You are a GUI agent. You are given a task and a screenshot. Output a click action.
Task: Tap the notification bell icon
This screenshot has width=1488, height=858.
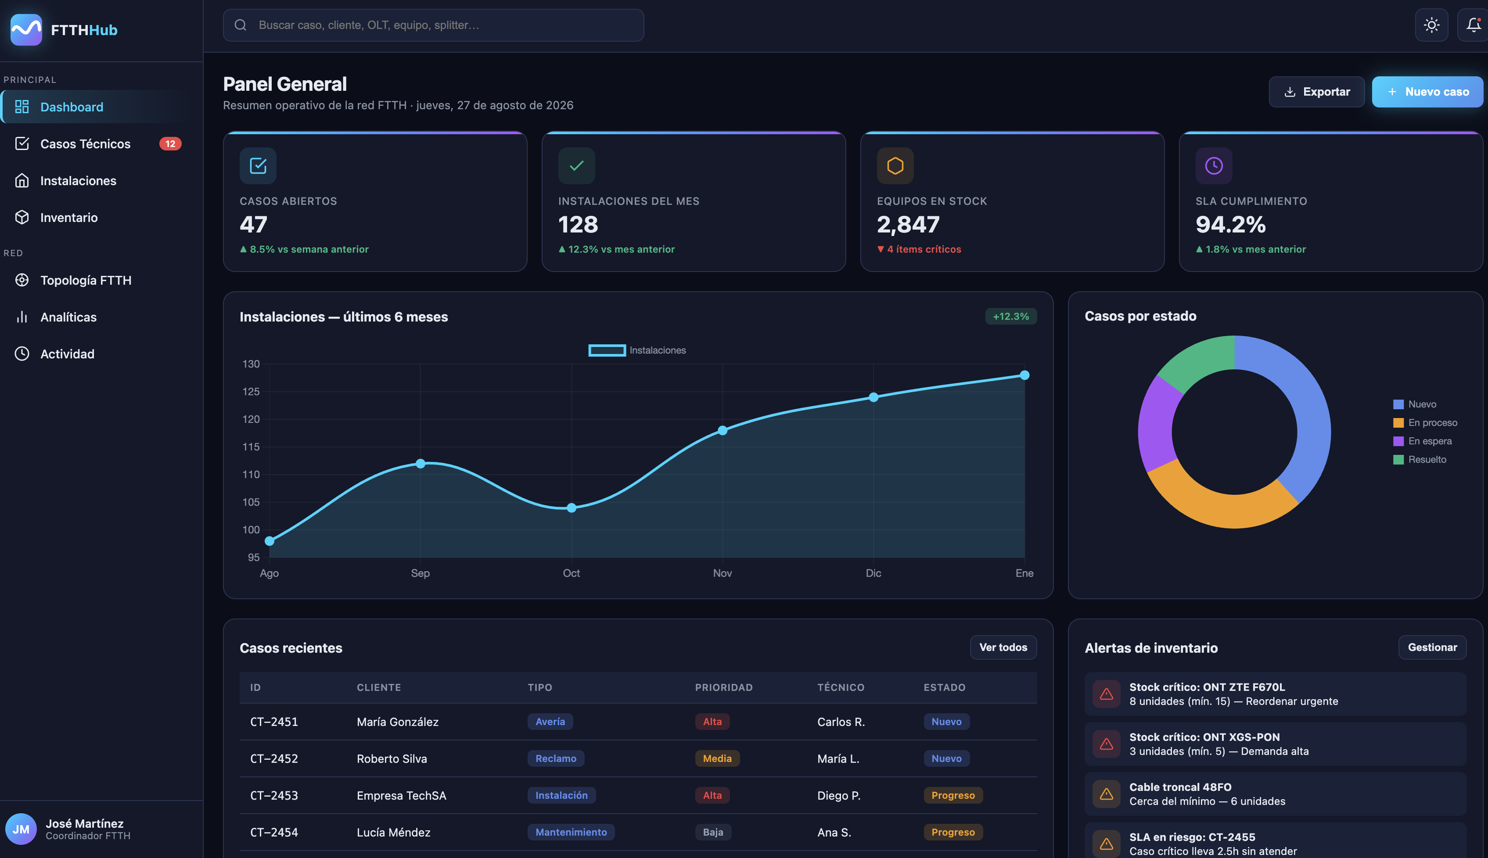[1473, 25]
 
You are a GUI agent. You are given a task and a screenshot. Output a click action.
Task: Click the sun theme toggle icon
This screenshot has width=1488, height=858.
[1431, 25]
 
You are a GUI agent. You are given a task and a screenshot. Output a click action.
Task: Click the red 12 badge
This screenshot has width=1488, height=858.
[170, 144]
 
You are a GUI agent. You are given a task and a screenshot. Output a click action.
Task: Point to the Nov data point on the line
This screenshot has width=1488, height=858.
[722, 431]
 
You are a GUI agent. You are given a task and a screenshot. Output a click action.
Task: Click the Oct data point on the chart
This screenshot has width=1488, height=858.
[571, 508]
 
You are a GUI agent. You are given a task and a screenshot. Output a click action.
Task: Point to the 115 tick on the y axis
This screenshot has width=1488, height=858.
[251, 447]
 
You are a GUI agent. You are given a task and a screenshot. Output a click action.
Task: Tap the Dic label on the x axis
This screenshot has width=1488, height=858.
[873, 573]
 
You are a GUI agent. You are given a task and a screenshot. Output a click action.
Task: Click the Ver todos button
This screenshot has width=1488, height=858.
[1003, 647]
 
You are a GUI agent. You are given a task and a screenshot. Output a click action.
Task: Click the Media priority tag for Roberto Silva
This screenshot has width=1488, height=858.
[717, 758]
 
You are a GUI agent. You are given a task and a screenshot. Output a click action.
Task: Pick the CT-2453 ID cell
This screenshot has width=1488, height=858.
[274, 796]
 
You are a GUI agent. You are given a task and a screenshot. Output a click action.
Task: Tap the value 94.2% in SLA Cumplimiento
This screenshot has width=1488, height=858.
[1230, 225]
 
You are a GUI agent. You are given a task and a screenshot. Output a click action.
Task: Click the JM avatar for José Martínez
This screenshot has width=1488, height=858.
[21, 829]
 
